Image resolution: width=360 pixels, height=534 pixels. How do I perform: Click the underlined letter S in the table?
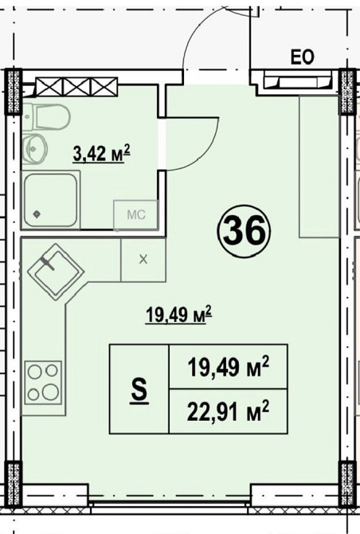click(139, 391)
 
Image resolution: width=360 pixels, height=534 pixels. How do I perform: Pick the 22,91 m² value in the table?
click(228, 413)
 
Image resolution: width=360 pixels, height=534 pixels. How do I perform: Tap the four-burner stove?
click(42, 383)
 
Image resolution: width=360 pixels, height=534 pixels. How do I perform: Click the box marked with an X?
click(143, 258)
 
